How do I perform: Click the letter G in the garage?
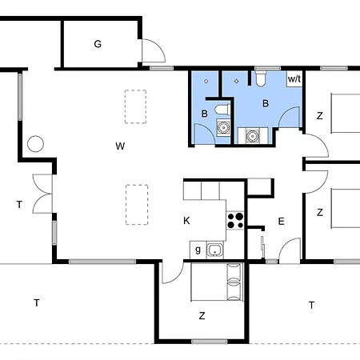coord(98,44)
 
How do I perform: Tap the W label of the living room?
coord(120,146)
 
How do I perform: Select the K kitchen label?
coord(186,221)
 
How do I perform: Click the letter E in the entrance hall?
coord(281,221)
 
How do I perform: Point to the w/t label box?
coord(294,79)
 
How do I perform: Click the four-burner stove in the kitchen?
coord(235,220)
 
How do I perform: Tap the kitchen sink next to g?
coord(215,250)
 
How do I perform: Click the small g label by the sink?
coord(198,250)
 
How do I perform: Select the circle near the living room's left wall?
coord(35,144)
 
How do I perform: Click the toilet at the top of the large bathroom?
coord(261,78)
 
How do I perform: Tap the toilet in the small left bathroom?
coord(222,110)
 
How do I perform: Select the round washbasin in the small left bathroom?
coord(223,127)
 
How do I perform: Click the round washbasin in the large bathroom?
coord(252,135)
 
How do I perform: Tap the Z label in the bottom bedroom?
coord(202,316)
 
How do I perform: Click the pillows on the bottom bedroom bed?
coord(234,282)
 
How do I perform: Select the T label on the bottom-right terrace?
coord(311,305)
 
